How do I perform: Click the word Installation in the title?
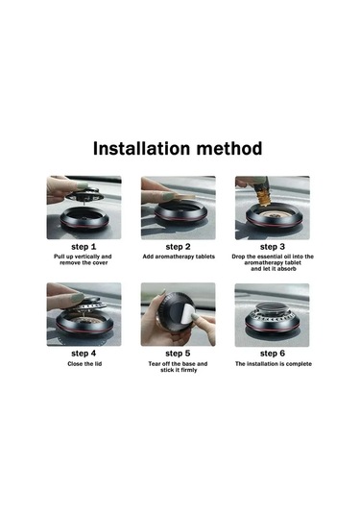tap(141, 148)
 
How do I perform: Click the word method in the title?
tap(229, 148)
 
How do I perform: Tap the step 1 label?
tap(84, 247)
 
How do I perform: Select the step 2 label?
tap(178, 247)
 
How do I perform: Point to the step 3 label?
tap(273, 247)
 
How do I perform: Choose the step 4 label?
tap(84, 354)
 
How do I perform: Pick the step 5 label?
tap(178, 354)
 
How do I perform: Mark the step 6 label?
tap(273, 354)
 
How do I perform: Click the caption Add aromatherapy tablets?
tap(179, 257)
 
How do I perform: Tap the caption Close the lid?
tap(84, 363)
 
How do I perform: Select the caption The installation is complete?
tap(274, 363)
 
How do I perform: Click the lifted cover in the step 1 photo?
tap(84, 195)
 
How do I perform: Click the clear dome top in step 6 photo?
tap(272, 307)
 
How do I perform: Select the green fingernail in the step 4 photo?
tap(78, 298)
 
